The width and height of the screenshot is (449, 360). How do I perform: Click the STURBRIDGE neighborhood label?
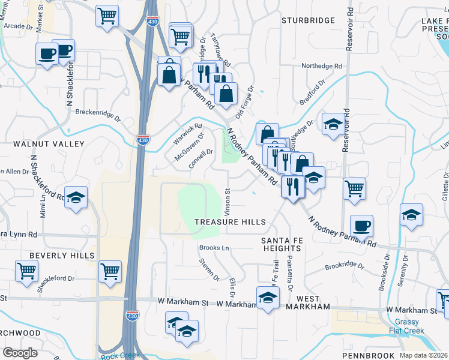[x=309, y=20]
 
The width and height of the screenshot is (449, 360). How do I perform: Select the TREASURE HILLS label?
[x=230, y=222]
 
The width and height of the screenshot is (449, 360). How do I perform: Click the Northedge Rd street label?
[x=321, y=66]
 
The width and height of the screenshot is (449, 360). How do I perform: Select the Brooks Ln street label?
[x=214, y=248]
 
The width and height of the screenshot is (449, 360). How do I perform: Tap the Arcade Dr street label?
[x=18, y=26]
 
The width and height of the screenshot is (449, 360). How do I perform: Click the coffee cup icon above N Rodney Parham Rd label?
[x=361, y=226]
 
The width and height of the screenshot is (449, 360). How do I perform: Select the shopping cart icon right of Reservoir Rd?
[x=355, y=188]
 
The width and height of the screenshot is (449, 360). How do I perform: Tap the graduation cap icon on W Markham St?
[x=268, y=297]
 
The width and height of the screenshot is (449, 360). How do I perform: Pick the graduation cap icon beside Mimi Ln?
[x=76, y=197]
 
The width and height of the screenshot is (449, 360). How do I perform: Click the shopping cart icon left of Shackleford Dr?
[x=27, y=271]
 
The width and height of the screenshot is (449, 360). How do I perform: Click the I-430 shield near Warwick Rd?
[x=142, y=140]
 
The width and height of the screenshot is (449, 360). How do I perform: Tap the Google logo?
[x=20, y=353]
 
